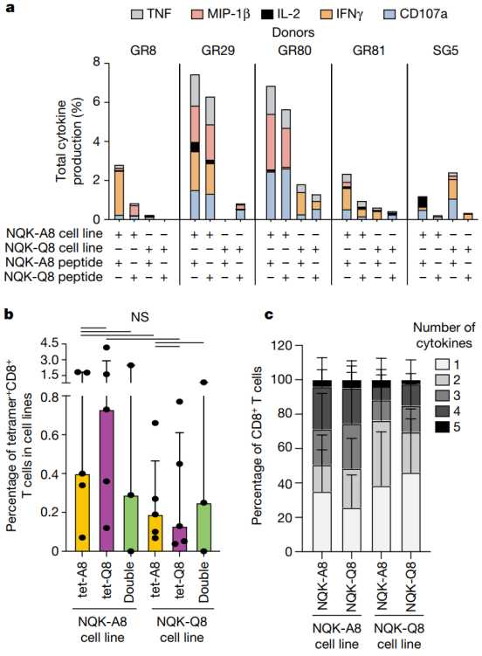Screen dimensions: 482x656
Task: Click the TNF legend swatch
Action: tap(137, 14)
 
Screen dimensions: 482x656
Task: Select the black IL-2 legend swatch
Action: tap(266, 14)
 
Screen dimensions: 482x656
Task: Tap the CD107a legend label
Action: tap(423, 14)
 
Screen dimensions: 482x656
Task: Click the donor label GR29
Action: tap(217, 51)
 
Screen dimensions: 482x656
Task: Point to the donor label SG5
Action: tap(445, 51)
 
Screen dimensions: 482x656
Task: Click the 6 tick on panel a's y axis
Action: tap(97, 101)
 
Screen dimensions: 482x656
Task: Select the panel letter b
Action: tap(10, 314)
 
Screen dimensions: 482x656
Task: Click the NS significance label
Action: tap(140, 317)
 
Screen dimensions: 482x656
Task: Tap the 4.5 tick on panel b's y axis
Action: tap(51, 344)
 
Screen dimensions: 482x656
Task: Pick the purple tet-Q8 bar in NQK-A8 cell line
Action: tap(107, 480)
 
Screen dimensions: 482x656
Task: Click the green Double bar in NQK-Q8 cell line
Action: tap(203, 527)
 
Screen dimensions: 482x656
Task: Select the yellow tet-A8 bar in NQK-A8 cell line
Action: tap(82, 513)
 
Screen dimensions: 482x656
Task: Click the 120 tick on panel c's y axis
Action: tap(282, 346)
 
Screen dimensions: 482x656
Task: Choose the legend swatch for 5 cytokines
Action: tap(442, 427)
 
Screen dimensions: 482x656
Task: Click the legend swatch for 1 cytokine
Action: tap(442, 365)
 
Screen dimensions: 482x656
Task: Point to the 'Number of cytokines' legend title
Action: tap(444, 335)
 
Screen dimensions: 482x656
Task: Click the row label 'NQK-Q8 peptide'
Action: tap(53, 277)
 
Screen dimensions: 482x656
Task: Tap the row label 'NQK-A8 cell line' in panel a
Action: tap(55, 233)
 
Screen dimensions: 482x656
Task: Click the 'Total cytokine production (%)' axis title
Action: tap(70, 142)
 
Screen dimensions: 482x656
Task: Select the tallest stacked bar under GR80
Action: tap(271, 153)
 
